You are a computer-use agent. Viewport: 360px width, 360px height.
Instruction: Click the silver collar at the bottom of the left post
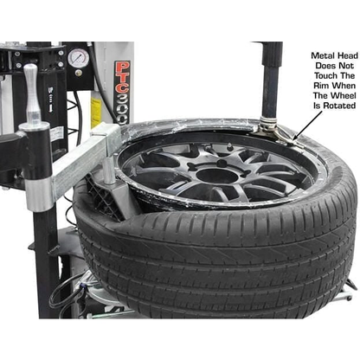(x=37, y=195)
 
